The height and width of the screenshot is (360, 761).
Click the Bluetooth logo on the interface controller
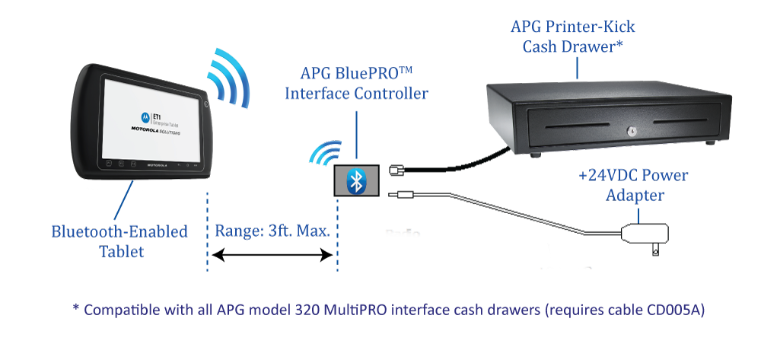(x=355, y=181)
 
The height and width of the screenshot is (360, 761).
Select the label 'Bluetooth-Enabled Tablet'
(x=119, y=241)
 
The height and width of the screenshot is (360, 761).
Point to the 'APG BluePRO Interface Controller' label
(x=356, y=84)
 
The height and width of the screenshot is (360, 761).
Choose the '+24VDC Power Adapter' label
(x=633, y=185)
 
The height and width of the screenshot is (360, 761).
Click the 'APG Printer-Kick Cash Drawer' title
(x=573, y=36)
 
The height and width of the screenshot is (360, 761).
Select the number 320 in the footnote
(x=305, y=311)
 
